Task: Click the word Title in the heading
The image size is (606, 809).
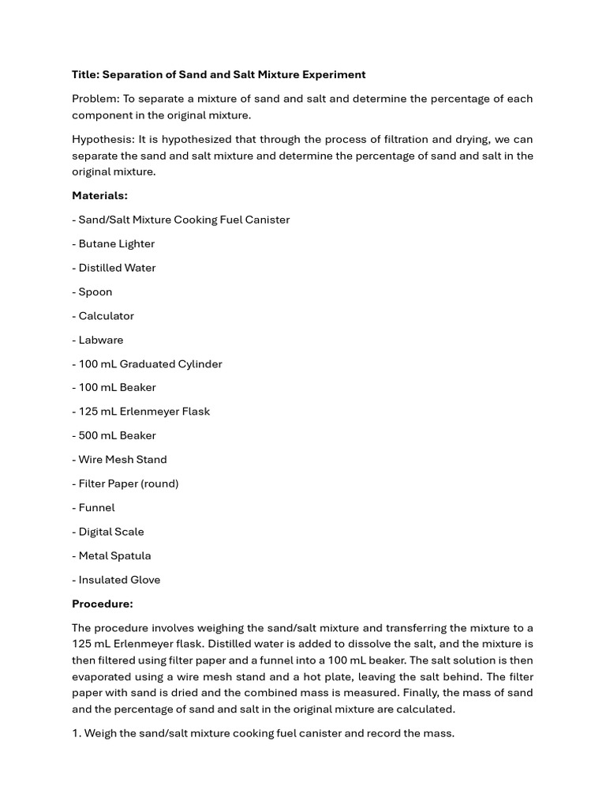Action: click(85, 74)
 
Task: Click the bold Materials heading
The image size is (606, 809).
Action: click(99, 195)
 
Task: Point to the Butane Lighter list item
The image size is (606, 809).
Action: click(116, 243)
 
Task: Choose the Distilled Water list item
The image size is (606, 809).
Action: click(117, 268)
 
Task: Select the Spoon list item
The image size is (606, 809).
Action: click(95, 292)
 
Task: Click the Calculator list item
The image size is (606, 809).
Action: click(106, 316)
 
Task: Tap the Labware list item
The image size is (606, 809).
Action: click(100, 340)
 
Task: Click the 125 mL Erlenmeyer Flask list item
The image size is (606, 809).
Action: click(144, 412)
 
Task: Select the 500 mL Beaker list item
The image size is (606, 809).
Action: click(117, 435)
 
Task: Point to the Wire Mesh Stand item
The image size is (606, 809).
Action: click(122, 460)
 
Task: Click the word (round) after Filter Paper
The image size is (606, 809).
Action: click(160, 484)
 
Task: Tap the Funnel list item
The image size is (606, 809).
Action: click(96, 508)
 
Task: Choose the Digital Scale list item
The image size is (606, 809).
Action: click(110, 532)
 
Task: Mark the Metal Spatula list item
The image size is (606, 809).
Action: click(114, 556)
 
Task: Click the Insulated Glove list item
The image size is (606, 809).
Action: click(119, 580)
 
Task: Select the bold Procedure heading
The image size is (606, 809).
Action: click(103, 604)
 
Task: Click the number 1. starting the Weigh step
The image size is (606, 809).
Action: click(76, 733)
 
